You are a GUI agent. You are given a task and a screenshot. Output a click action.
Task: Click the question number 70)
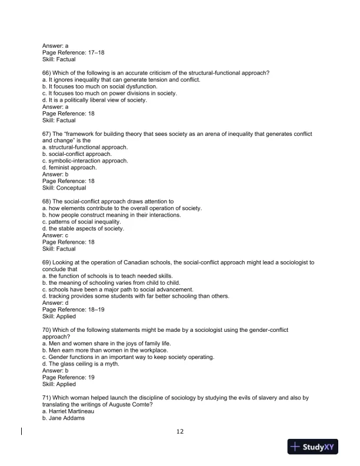[47, 330]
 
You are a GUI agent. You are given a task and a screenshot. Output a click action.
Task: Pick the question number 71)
[47, 397]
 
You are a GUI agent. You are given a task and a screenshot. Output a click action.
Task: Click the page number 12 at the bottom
[180, 431]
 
